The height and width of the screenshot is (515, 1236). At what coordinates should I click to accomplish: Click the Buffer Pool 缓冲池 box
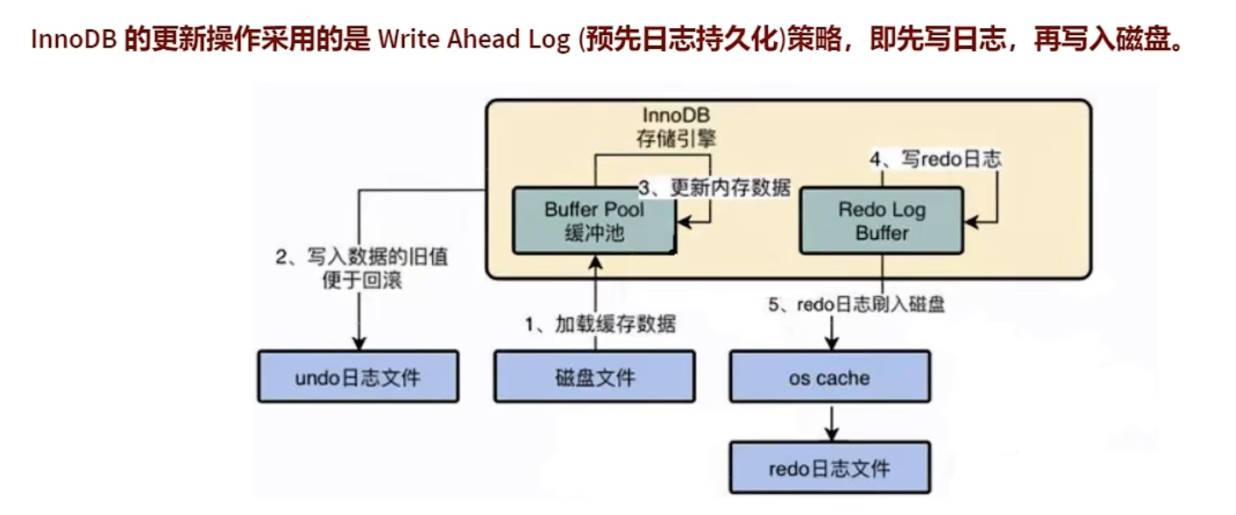click(x=593, y=221)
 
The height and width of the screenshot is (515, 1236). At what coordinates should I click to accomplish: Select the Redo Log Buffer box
click(x=881, y=221)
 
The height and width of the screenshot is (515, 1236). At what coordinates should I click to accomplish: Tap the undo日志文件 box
click(x=358, y=377)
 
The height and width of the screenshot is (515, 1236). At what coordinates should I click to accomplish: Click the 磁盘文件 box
click(x=594, y=377)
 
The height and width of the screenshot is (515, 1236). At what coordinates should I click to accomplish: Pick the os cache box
click(x=829, y=378)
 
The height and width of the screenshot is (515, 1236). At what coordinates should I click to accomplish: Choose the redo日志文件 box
click(x=829, y=468)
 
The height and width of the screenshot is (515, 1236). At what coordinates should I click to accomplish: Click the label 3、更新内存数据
click(x=714, y=187)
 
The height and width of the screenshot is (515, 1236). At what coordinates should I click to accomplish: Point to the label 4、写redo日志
click(x=934, y=159)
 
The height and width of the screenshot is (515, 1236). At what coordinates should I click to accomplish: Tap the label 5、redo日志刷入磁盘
click(x=857, y=306)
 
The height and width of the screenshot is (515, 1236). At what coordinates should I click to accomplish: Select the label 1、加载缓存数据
click(x=600, y=324)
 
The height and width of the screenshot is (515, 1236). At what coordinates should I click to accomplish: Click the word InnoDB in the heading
click(x=74, y=40)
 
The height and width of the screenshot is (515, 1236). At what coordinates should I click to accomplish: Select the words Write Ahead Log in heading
click(x=474, y=40)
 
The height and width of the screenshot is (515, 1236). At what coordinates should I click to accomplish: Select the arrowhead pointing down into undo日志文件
click(x=358, y=343)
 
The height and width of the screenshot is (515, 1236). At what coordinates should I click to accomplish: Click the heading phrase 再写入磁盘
click(x=1108, y=40)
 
